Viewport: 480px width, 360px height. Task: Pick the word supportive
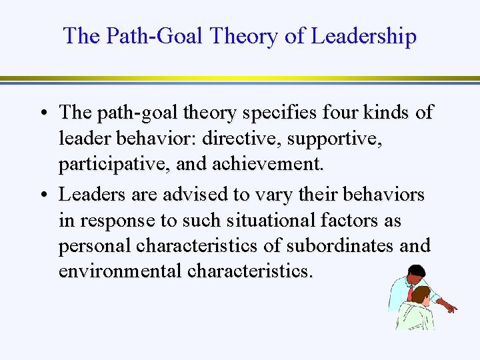point(344,139)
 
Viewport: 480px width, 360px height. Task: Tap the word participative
point(115,164)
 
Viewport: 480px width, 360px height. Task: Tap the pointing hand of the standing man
point(451,307)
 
